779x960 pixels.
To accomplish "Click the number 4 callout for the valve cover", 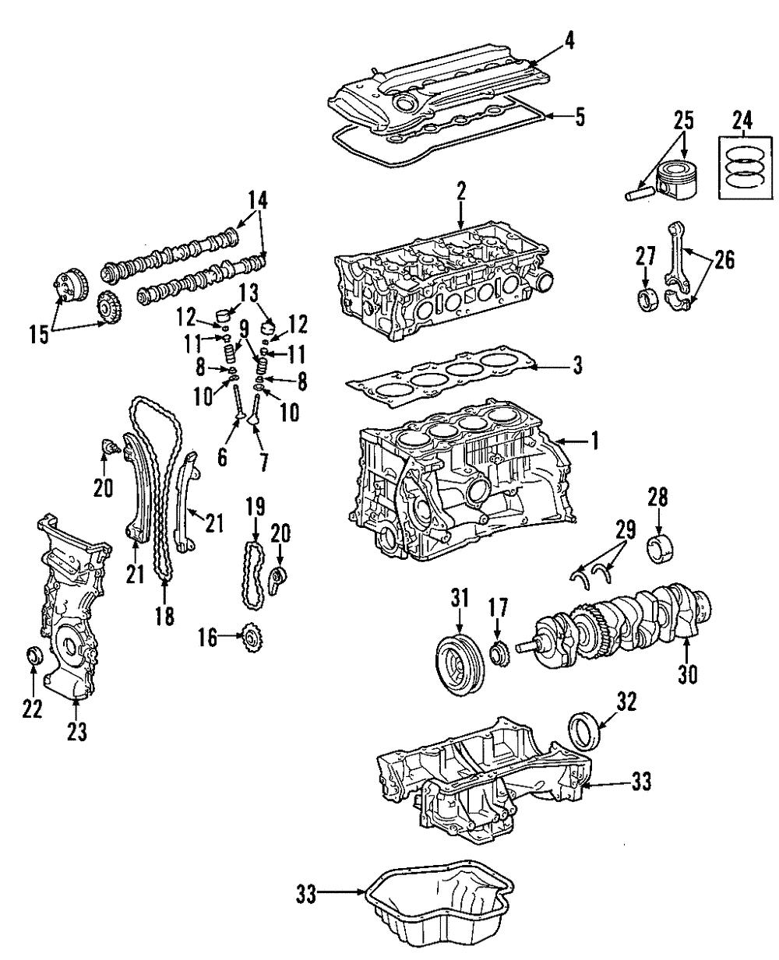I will [570, 42].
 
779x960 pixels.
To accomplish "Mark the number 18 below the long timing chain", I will [164, 617].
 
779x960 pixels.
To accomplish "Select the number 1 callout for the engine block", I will [594, 441].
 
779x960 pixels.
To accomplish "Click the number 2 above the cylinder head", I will [460, 191].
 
